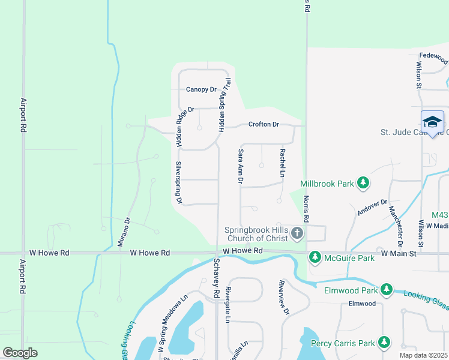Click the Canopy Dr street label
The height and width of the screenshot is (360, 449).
tap(200, 89)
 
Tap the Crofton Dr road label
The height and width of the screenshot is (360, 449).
tap(264, 125)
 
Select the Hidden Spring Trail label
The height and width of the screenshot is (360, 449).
tap(224, 105)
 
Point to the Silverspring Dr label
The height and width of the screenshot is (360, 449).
tap(178, 182)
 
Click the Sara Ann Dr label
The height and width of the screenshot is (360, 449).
tap(241, 166)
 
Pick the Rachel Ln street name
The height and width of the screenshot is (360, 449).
tap(282, 163)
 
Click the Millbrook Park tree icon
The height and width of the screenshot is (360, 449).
tap(363, 184)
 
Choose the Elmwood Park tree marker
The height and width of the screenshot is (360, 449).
tap(387, 290)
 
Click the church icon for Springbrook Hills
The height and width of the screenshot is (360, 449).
tap(298, 232)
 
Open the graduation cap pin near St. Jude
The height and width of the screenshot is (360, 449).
tap(432, 123)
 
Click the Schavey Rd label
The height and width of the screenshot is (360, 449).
tap(216, 277)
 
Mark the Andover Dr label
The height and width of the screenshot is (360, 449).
tap(373, 208)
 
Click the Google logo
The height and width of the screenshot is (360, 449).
tap(20, 353)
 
